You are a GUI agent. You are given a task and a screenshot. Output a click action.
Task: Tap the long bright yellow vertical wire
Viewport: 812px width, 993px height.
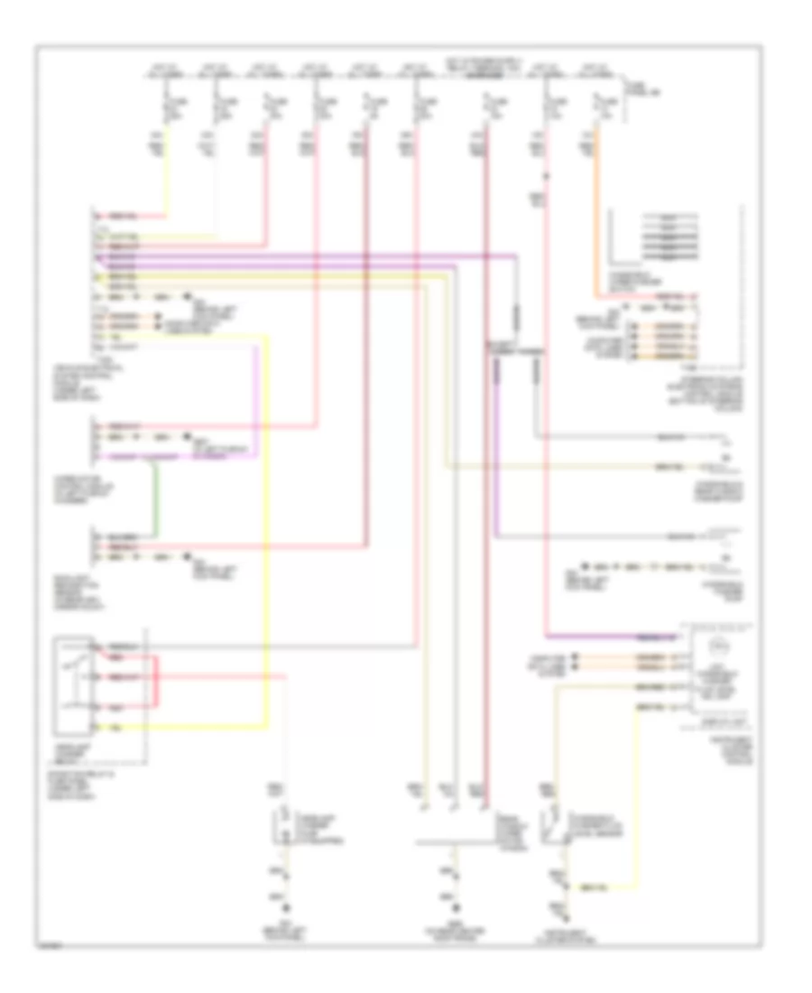point(267,542)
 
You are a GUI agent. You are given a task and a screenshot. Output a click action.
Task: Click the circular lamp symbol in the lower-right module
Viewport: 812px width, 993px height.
point(719,646)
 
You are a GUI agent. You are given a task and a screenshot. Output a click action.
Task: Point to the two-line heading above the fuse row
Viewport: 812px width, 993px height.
point(482,62)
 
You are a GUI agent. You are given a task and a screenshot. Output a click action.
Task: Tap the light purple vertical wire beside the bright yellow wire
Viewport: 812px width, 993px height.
point(257,397)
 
